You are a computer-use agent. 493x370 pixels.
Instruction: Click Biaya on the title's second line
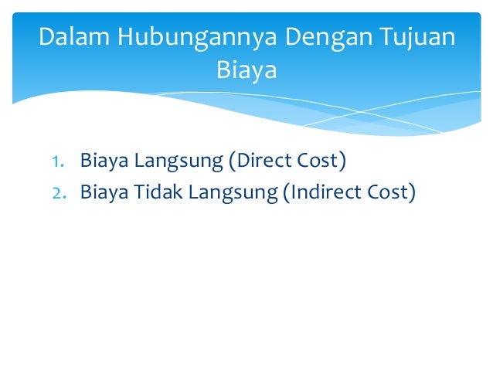246,70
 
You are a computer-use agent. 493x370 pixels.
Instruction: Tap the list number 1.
56,162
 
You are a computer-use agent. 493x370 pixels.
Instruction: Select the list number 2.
56,192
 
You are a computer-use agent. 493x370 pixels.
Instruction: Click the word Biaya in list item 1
104,161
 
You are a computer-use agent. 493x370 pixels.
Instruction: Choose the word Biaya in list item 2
104,191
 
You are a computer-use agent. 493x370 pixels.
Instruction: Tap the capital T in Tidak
140,191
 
